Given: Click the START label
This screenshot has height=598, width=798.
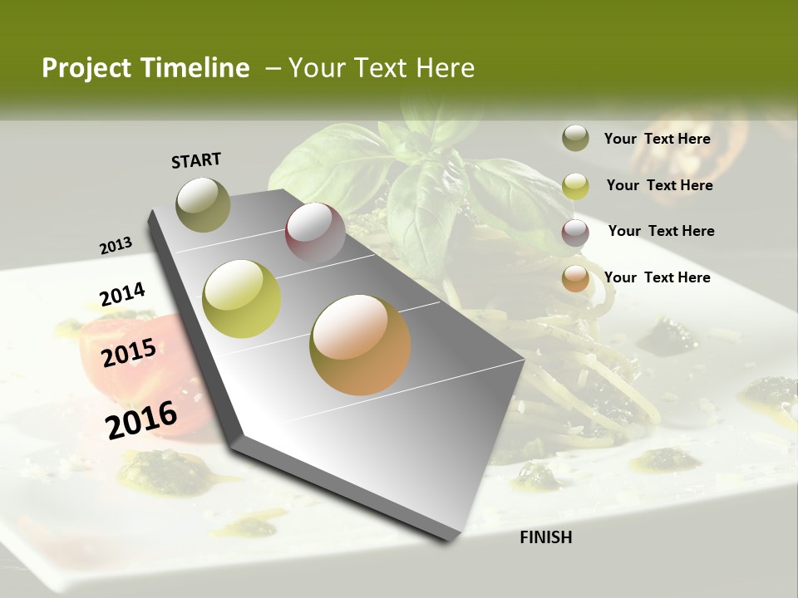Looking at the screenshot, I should pos(196,159).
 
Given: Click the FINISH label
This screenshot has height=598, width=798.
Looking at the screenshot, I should pos(546,537).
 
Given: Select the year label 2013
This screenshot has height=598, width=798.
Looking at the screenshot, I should pos(116,246).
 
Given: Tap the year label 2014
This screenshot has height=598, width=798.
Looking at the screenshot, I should pos(122,295).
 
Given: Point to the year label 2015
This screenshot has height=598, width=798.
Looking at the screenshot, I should pos(129,353).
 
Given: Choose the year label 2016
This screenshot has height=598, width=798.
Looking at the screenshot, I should pos(141,419).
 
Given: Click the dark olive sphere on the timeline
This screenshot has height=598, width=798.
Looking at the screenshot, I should pos(204,204).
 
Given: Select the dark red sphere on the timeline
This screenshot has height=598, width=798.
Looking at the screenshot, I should pos(315,233).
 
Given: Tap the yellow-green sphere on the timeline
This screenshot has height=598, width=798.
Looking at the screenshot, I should pos(242,298).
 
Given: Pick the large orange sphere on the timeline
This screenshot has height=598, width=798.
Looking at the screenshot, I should pos(360,345).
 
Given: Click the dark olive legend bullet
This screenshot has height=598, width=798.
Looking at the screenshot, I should pos(575,138).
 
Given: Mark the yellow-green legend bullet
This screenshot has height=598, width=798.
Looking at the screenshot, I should pos(575,185).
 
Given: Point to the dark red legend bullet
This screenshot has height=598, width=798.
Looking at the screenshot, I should pos(575,233).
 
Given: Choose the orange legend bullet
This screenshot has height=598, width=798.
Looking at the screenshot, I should pos(575,278).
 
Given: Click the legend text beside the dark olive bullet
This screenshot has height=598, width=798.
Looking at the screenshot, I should pos(658,139).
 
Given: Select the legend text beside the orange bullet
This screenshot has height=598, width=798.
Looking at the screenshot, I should pos(658,277).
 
